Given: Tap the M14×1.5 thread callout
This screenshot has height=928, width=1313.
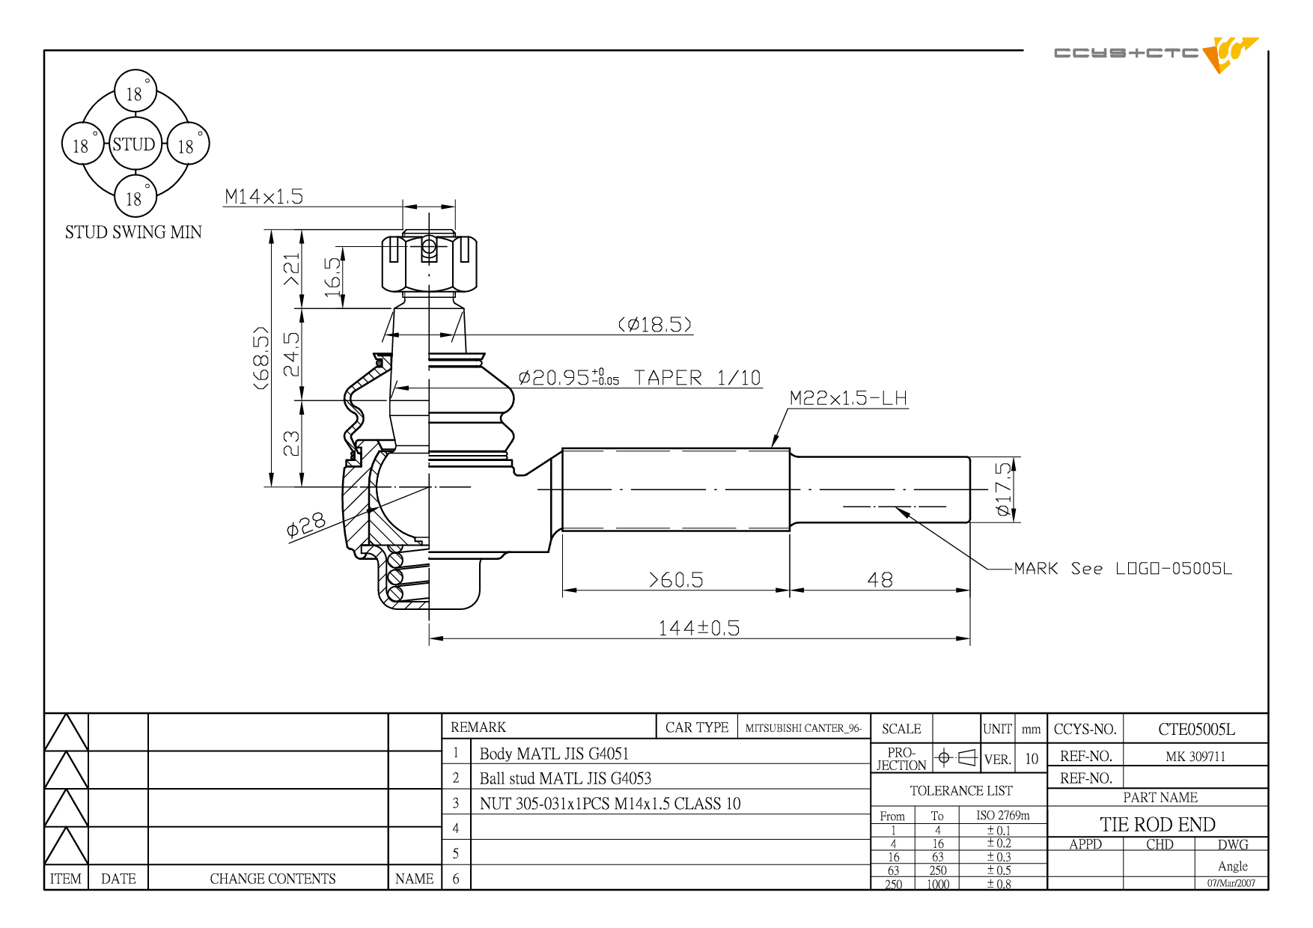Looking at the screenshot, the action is pos(263,196).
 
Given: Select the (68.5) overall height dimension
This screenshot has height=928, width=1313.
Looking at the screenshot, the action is pos(261,358).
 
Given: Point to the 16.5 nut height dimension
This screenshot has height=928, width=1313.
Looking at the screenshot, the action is pos(333,277).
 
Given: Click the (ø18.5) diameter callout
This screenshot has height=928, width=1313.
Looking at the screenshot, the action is pos(655,324).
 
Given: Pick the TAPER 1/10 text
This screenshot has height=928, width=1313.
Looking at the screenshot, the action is pos(698,377).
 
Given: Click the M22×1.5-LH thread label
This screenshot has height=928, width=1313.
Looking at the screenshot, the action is pos(848,397).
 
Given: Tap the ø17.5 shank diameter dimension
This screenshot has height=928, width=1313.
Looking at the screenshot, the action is pos(1003,489).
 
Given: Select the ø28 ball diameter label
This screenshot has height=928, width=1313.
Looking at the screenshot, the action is pos(306,525).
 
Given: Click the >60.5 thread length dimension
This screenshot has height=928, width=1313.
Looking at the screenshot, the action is pos(676,580).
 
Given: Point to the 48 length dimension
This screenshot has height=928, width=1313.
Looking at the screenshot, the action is pos(880,580).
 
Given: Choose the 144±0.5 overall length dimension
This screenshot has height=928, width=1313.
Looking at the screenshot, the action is pos(699,627).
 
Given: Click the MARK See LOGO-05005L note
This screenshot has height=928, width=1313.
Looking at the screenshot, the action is pos(1123,568).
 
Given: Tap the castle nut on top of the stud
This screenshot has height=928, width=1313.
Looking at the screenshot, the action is pos(429,263).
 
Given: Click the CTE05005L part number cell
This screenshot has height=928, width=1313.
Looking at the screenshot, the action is pos(1196,729).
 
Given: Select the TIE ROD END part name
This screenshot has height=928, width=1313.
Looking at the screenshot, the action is pos(1157,824).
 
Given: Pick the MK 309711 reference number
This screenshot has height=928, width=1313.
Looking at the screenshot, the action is pos(1195,756).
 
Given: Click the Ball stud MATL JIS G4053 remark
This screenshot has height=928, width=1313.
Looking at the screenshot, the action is pos(565,778).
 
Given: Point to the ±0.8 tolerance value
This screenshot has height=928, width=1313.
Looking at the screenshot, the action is pos(999,884).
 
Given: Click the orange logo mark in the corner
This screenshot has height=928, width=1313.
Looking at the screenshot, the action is pos(1228,54).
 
